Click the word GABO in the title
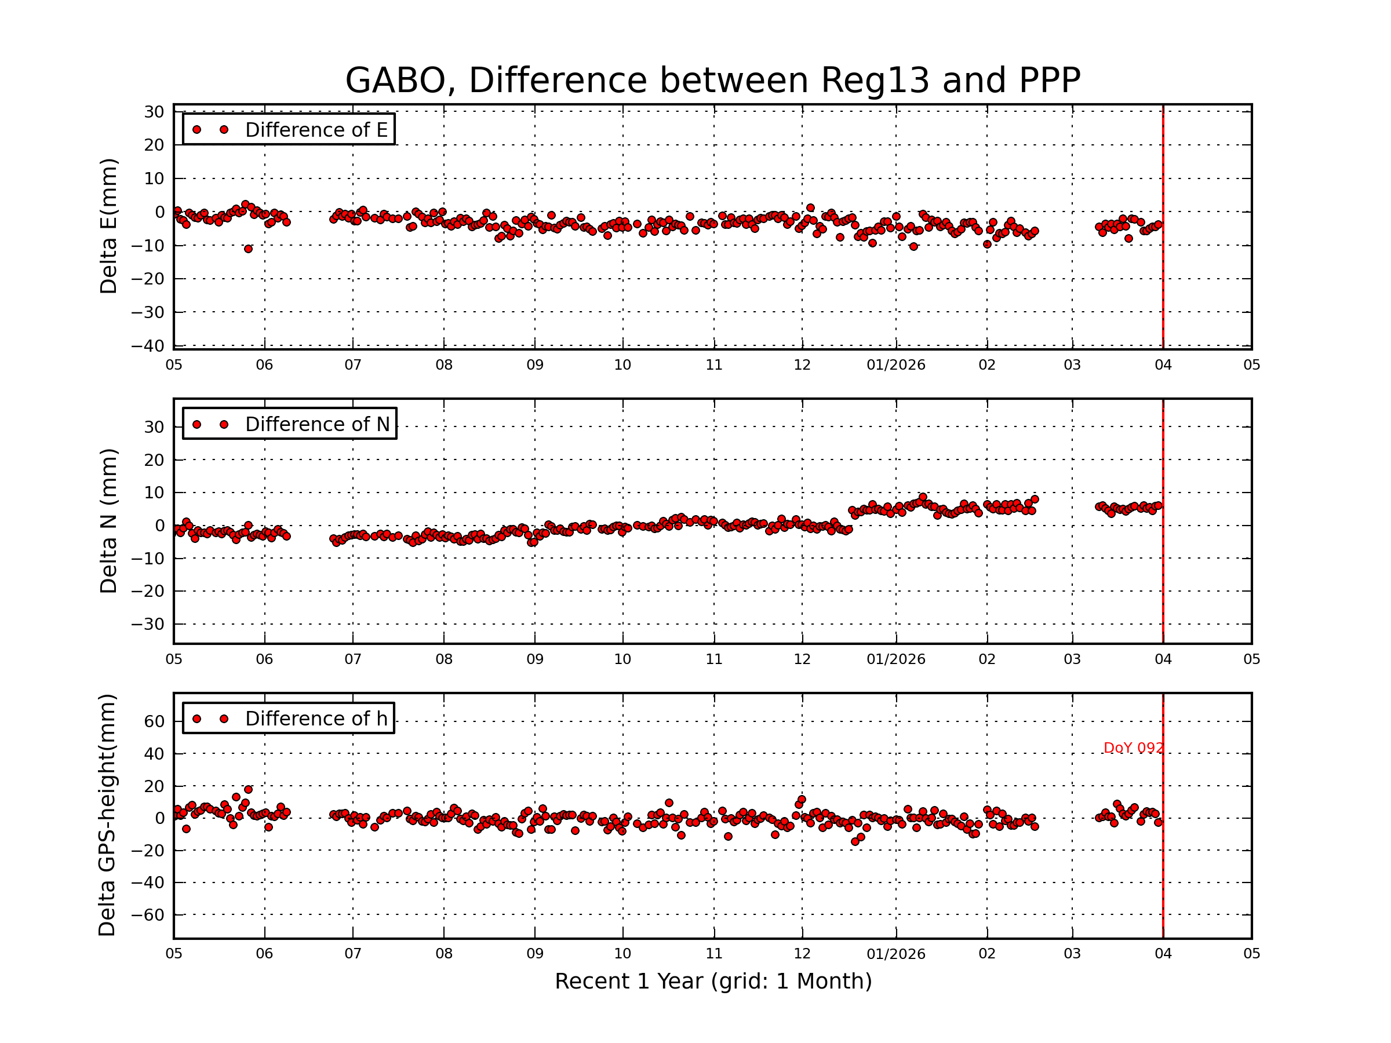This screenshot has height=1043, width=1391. click(395, 81)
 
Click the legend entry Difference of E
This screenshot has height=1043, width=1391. click(316, 130)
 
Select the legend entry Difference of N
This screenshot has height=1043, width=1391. click(317, 424)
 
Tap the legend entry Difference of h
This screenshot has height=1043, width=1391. click(316, 719)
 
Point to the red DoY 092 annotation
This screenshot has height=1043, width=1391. click(1133, 748)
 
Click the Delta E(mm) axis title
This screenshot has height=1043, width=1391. click(109, 227)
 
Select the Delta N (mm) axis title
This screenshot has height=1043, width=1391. click(109, 520)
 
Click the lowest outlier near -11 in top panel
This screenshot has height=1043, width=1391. click(249, 250)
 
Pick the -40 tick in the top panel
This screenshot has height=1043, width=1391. click(148, 346)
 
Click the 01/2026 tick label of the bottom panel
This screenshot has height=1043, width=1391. click(895, 954)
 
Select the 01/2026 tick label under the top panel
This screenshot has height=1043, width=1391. click(895, 365)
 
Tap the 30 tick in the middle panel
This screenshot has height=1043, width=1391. click(154, 428)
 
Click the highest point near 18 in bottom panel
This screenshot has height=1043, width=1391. click(249, 790)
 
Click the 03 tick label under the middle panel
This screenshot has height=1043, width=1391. click(1072, 659)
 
